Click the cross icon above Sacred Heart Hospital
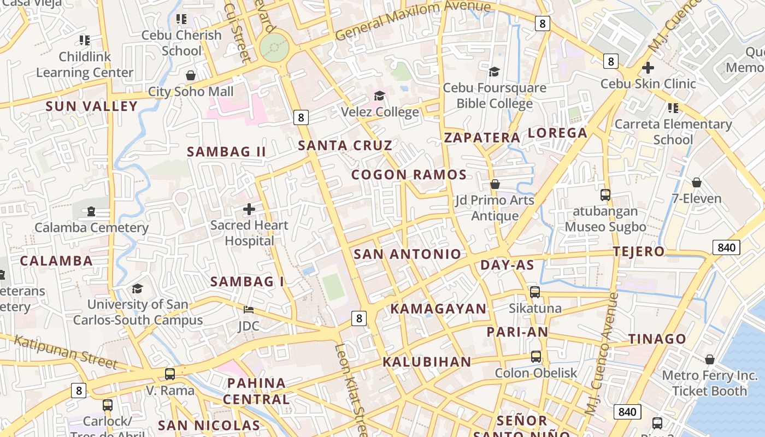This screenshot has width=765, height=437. [x=249, y=209]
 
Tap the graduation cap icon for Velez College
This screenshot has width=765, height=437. [x=379, y=96]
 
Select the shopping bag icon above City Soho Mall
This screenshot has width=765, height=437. [x=191, y=75]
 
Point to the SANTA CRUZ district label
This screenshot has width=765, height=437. [x=345, y=145]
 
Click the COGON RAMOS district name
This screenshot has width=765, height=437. [x=409, y=175]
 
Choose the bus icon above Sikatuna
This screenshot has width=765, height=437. [x=535, y=292]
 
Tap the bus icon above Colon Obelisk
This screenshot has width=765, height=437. [x=536, y=357]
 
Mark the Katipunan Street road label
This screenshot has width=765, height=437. [x=66, y=352]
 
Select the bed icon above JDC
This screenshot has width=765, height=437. [x=249, y=310]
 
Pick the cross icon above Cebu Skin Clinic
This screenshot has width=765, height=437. [x=648, y=68]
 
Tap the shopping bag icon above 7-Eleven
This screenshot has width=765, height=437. [x=697, y=182]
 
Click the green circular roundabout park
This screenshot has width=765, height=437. [x=274, y=48]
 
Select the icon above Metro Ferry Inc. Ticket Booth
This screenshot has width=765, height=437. [x=710, y=359]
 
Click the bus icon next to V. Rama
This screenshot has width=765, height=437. [x=170, y=374]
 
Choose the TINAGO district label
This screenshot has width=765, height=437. [x=657, y=339]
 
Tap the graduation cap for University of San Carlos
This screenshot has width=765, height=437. [x=137, y=288]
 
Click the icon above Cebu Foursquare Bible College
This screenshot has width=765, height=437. [x=495, y=72]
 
